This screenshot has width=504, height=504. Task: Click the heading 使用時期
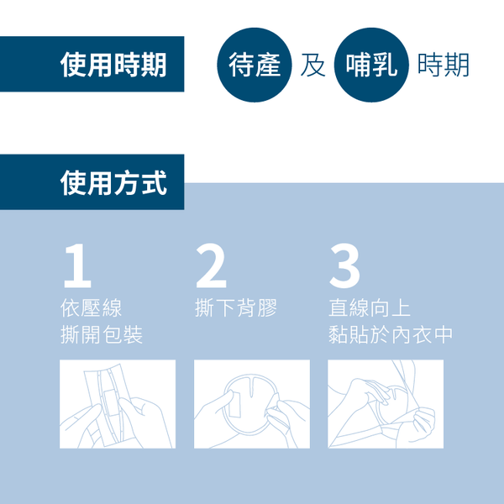[113, 65]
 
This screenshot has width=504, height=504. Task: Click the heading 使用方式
[113, 182]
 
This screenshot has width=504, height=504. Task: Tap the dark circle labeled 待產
[255, 66]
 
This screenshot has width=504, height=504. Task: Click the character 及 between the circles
[313, 66]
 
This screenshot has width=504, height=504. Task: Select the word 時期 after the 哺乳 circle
[443, 66]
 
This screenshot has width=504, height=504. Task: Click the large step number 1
[76, 267]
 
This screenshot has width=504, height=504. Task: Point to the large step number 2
[211, 267]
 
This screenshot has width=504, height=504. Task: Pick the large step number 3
[344, 267]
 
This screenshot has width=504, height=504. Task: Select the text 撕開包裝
[102, 335]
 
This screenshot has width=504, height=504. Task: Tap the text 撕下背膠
[236, 307]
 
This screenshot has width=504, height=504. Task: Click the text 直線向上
[370, 307]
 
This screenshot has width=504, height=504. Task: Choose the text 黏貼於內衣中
[391, 335]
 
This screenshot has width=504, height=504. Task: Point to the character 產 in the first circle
[268, 66]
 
